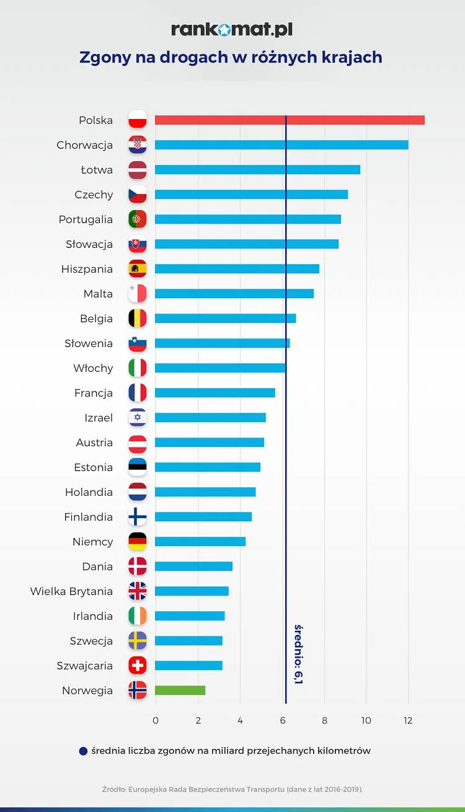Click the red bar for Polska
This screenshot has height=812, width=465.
pyautogui.click(x=290, y=120)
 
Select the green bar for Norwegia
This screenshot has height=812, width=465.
pyautogui.click(x=180, y=691)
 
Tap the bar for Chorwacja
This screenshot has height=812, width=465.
pyautogui.click(x=281, y=145)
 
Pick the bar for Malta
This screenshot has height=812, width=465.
pyautogui.click(x=234, y=294)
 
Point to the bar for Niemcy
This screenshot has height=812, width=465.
pyautogui.click(x=200, y=542)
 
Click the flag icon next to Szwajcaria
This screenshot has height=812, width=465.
pyautogui.click(x=138, y=666)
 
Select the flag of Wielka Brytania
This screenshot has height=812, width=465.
pyautogui.click(x=138, y=591)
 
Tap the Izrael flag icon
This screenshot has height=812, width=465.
pyautogui.click(x=138, y=418)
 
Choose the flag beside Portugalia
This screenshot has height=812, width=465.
pyautogui.click(x=138, y=219)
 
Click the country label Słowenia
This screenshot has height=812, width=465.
pyautogui.click(x=89, y=343)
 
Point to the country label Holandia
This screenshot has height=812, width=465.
pyautogui.click(x=89, y=492)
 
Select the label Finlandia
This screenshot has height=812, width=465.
pyautogui.click(x=88, y=517)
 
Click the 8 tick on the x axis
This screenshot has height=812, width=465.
pyautogui.click(x=324, y=721)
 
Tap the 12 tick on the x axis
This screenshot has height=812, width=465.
pyautogui.click(x=408, y=721)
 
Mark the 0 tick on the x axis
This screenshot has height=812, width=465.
pyautogui.click(x=155, y=721)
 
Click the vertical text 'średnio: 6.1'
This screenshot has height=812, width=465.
pyautogui.click(x=298, y=654)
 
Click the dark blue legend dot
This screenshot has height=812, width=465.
pyautogui.click(x=84, y=751)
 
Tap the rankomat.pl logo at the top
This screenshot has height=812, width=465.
pyautogui.click(x=232, y=30)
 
